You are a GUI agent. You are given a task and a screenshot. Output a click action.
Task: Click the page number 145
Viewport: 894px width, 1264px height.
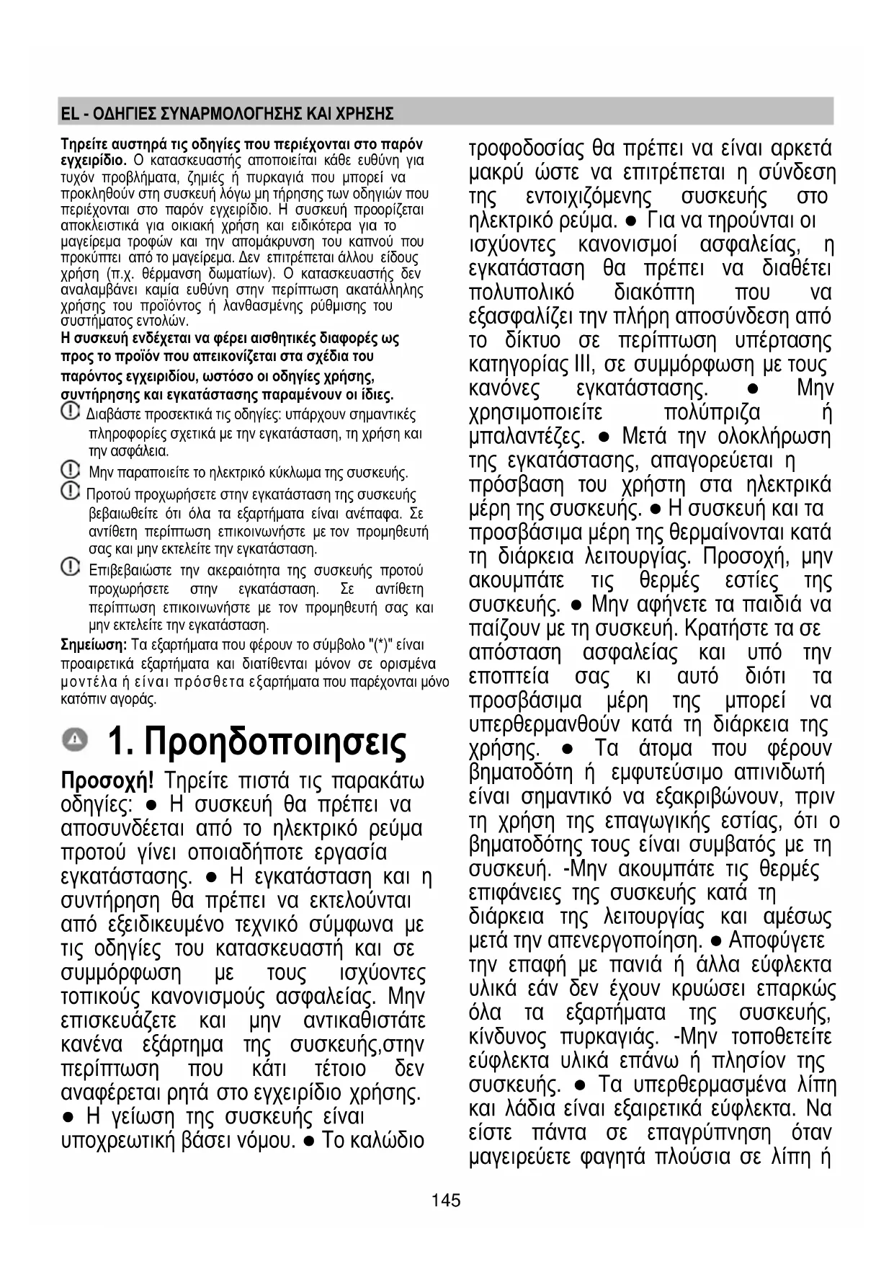click(x=446, y=1201)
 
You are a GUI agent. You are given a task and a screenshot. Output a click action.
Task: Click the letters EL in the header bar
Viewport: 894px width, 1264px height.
click(x=68, y=114)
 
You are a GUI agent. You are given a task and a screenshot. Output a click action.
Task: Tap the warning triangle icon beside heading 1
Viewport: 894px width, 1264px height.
click(x=76, y=739)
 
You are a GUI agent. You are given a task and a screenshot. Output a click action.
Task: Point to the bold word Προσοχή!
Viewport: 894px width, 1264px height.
click(x=107, y=781)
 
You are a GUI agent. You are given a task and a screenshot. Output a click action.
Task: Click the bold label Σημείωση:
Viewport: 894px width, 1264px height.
click(x=94, y=645)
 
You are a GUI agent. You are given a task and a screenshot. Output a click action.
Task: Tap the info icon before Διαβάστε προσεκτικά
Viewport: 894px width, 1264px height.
click(x=70, y=412)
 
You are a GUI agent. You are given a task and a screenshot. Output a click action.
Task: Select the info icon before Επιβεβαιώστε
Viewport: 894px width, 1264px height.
click(x=70, y=568)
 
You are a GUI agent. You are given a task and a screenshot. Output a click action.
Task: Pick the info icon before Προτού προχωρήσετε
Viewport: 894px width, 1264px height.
click(x=70, y=492)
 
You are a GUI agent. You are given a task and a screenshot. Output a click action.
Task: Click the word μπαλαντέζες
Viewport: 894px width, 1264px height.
click(x=527, y=437)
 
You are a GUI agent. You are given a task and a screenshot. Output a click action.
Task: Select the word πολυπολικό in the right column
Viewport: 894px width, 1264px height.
click(x=522, y=293)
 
